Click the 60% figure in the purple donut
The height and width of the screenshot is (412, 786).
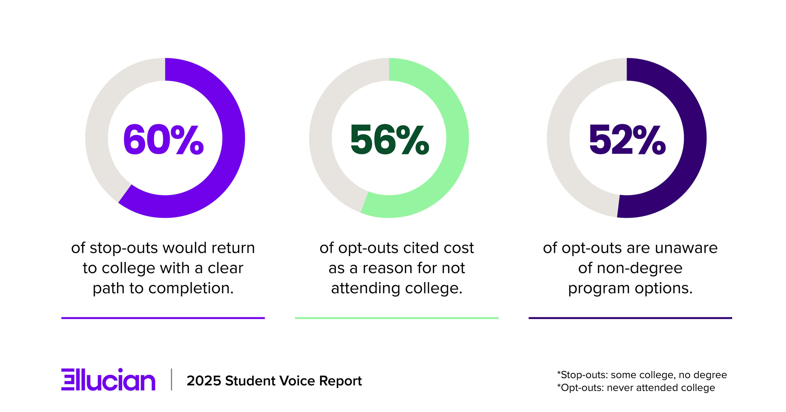[x=164, y=140]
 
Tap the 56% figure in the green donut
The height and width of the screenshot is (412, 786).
[x=390, y=140]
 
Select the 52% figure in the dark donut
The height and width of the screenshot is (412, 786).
[x=627, y=140]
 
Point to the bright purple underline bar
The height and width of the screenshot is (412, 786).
[x=163, y=318]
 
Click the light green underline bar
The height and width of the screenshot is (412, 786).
[x=396, y=318]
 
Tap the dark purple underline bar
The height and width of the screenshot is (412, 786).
[x=630, y=318]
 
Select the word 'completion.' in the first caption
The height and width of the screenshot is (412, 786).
[x=191, y=288]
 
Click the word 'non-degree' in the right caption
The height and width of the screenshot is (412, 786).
[x=639, y=268]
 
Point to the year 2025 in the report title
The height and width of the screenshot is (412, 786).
[x=204, y=381]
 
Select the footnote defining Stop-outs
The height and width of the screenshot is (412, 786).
[x=642, y=375]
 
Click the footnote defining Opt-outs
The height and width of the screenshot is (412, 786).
[x=636, y=388]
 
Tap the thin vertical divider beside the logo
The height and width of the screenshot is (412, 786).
[x=172, y=379]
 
